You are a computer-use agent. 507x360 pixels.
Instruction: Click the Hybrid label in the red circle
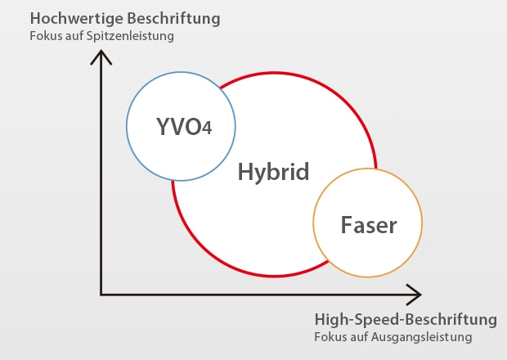pos(273,173)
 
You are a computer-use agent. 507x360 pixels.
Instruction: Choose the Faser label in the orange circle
pos(368,224)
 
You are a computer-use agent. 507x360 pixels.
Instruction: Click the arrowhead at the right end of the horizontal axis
pos(415,294)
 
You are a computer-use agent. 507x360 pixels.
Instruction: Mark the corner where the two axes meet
pos(101,294)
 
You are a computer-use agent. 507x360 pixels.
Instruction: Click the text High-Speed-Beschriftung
pos(406,319)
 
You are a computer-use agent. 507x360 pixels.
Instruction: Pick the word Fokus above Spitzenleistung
pos(43,36)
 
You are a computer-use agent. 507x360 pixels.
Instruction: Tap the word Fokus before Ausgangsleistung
pos(330,337)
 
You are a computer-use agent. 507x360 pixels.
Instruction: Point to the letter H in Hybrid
pos(245,172)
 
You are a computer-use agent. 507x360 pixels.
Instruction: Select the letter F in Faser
pos(345,224)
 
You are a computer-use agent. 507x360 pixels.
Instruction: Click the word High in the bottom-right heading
pos(330,319)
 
